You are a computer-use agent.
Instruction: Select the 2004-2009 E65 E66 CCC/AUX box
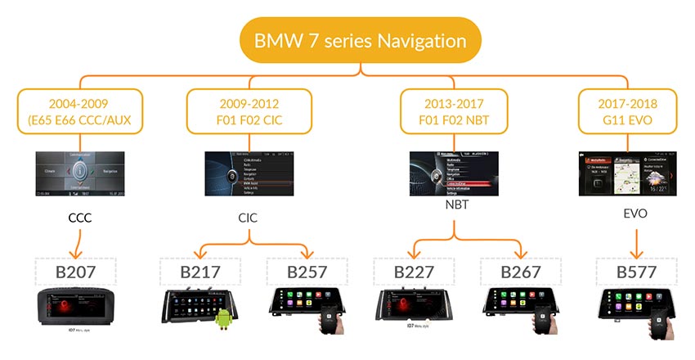79,113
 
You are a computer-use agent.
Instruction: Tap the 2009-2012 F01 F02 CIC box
249,113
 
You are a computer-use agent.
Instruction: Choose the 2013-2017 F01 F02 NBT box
455,113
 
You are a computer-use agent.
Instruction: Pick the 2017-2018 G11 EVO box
626,113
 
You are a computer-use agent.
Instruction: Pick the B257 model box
305,272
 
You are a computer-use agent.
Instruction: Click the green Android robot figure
225,322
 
